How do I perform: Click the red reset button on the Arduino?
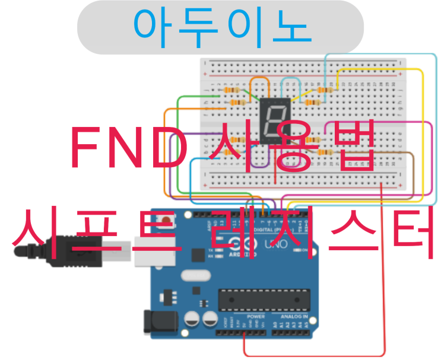(x=167, y=221)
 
